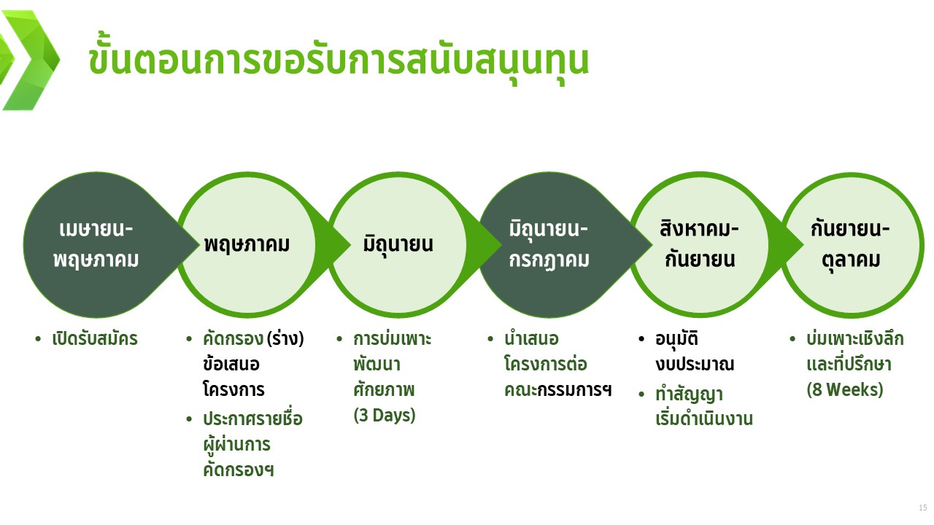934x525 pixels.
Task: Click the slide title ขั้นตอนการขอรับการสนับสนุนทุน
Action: [338, 60]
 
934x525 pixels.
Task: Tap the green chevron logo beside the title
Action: [30, 61]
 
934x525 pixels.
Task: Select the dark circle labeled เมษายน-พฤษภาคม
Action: [96, 244]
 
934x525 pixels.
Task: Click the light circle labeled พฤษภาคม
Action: [247, 244]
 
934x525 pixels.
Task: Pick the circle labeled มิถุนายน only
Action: [398, 244]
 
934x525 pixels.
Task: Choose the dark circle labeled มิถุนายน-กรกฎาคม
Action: [549, 244]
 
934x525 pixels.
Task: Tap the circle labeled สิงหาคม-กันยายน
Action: [700, 244]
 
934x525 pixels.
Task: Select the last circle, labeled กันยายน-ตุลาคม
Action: [851, 244]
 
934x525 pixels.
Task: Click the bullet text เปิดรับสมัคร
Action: [95, 339]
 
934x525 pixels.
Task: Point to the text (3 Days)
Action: [385, 416]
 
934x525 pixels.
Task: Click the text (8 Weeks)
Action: [845, 389]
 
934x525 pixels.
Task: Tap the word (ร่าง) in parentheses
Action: [285, 339]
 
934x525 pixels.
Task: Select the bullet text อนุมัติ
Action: [676, 339]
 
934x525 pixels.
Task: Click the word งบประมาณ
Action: [695, 365]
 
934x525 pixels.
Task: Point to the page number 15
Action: [923, 507]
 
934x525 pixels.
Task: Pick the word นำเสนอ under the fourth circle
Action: [531, 339]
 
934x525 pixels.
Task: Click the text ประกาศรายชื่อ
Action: [252, 418]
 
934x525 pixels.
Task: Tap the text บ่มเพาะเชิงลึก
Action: [854, 339]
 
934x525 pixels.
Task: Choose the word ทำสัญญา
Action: [689, 394]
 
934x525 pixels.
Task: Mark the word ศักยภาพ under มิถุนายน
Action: [384, 389]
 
